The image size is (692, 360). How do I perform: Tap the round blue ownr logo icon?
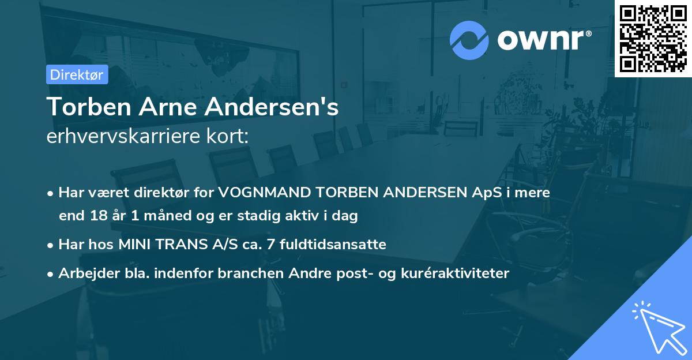tap(469, 40)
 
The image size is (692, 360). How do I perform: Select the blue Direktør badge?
tap(77, 75)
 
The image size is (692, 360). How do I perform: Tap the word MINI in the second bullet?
tap(134, 245)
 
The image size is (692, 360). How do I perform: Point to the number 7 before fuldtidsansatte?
tap(278, 245)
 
